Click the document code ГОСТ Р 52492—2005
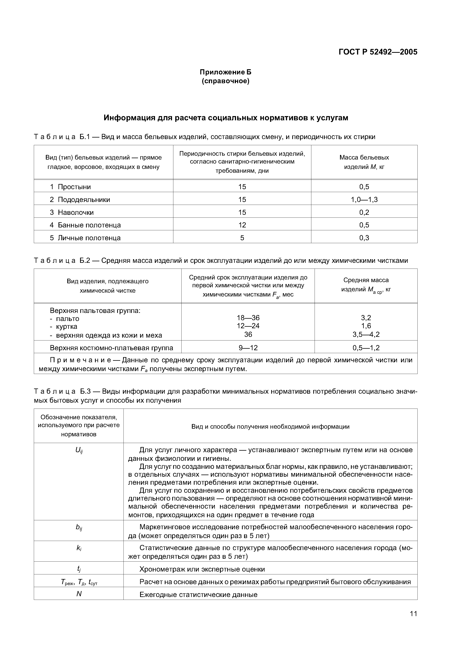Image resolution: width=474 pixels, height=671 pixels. [378, 52]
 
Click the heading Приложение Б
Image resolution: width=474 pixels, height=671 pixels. [225, 72]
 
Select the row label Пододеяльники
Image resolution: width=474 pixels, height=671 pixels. [84, 200]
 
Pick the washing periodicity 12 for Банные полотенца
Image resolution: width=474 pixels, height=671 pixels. [242, 225]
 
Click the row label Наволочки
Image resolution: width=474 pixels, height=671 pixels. [76, 213]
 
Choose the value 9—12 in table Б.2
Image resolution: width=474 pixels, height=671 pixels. [248, 348]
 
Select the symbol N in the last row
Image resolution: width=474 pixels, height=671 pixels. [79, 594]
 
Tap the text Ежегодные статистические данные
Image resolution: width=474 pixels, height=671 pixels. [198, 594]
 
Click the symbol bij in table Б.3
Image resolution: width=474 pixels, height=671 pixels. [79, 527]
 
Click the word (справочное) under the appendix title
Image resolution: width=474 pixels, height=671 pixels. [225, 81]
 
